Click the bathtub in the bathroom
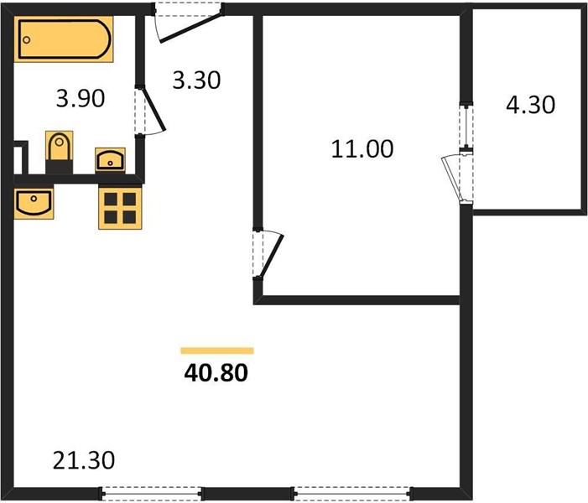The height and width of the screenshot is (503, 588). (x=64, y=39)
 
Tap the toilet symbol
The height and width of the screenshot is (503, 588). (x=60, y=152)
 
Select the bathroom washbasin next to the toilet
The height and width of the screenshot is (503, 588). (x=110, y=160)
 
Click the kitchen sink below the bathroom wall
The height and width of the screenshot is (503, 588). (x=34, y=204)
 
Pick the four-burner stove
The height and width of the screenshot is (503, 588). (x=120, y=208)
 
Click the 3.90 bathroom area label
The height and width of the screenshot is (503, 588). (x=81, y=99)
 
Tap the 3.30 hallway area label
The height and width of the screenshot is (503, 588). (x=196, y=80)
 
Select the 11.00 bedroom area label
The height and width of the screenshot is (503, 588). (x=362, y=148)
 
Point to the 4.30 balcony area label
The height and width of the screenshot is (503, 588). (x=530, y=105)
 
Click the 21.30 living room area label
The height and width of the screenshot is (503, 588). (x=84, y=460)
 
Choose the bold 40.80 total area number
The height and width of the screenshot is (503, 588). (x=216, y=373)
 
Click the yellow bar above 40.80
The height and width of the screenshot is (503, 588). (x=217, y=350)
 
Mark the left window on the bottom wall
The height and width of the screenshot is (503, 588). (x=151, y=492)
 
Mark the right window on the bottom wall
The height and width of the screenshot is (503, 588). (x=351, y=492)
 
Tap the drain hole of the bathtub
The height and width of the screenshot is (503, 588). (x=26, y=39)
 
